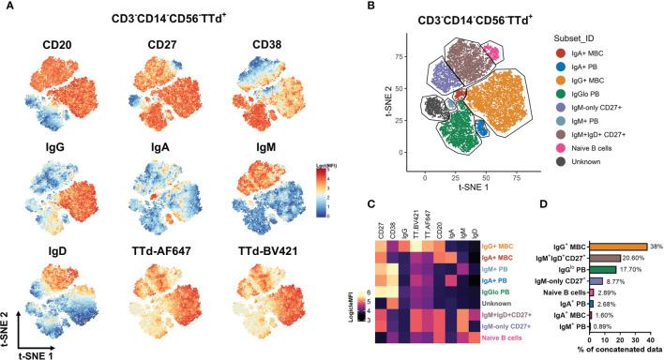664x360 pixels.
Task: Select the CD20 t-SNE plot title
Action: pyautogui.click(x=55, y=43)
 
